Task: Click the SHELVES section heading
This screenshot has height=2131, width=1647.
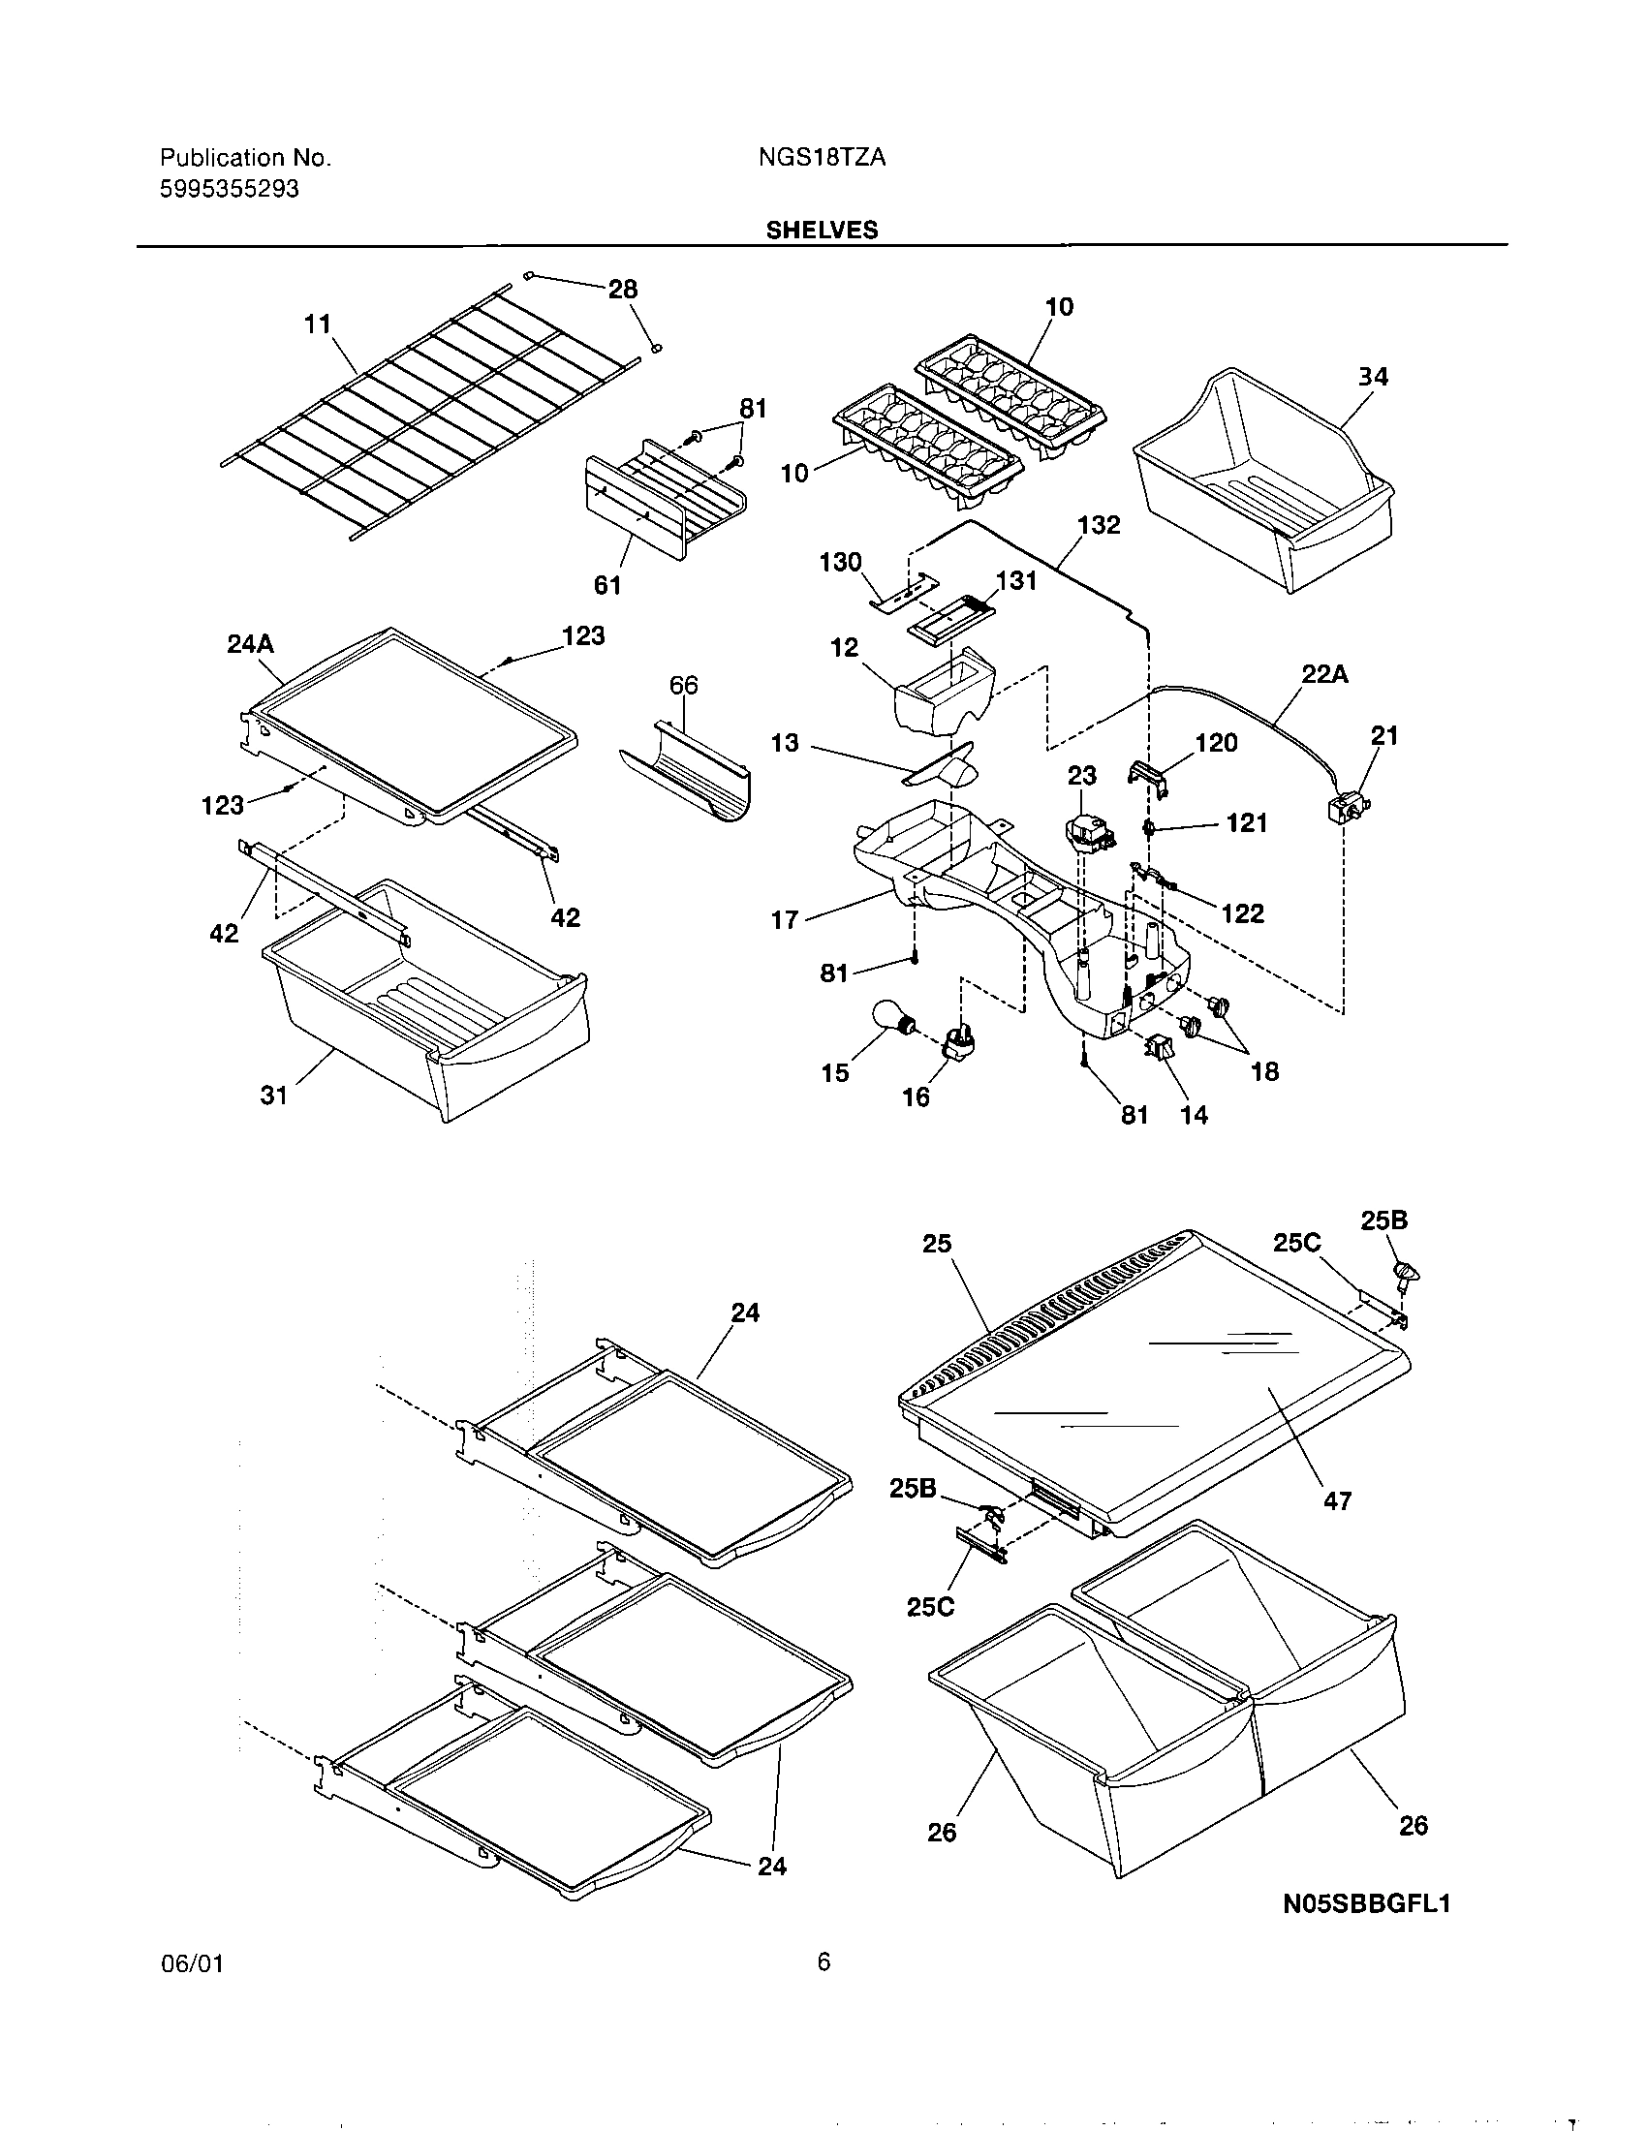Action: coord(822,230)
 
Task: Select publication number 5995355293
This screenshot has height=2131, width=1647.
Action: coord(229,189)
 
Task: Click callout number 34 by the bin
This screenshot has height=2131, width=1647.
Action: coord(1373,377)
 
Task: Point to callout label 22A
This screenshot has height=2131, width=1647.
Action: coord(1324,674)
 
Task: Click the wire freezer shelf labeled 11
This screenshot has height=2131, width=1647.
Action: coord(429,419)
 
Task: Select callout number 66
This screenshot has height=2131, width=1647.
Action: coord(683,686)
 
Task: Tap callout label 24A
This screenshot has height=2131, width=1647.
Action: coord(250,643)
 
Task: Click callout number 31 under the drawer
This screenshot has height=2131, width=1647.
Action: coord(274,1096)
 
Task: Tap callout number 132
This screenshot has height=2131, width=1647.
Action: coord(1099,525)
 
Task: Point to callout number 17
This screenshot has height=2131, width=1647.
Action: coord(785,919)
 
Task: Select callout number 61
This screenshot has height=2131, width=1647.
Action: coord(606,584)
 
